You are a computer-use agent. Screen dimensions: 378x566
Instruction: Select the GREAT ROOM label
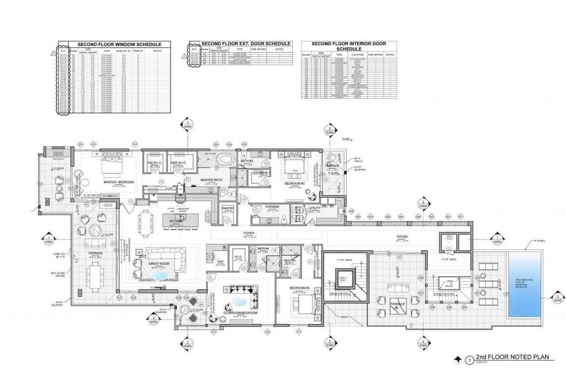(x=159, y=264)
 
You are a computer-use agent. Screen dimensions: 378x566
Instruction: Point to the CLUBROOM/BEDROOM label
(x=239, y=312)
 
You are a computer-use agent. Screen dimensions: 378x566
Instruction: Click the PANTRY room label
(x=228, y=208)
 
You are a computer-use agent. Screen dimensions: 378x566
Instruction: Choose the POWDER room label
(x=272, y=207)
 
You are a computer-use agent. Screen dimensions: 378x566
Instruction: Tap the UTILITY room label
(x=315, y=208)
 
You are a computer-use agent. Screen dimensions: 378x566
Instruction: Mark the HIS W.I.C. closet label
(x=156, y=162)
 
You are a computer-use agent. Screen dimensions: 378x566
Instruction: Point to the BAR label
(x=218, y=261)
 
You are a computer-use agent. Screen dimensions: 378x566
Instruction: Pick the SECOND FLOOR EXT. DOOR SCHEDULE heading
(x=246, y=43)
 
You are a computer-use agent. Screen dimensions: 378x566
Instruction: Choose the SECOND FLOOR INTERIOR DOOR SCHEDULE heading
(x=348, y=46)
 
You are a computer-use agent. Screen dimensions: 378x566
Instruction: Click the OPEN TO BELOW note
(x=450, y=283)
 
